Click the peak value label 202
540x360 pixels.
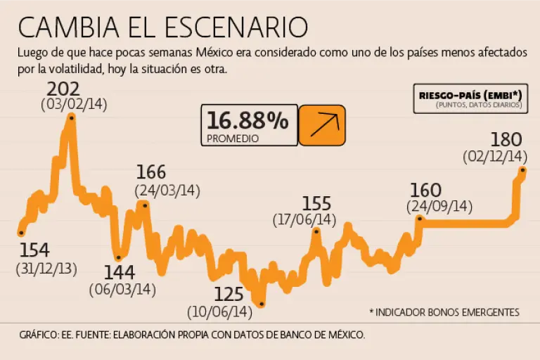(x=63, y=90)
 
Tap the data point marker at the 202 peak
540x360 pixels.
(x=72, y=118)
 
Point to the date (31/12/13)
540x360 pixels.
(x=46, y=269)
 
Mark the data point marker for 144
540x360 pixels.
(x=118, y=257)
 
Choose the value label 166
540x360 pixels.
(x=151, y=172)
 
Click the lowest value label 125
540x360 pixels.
(x=229, y=294)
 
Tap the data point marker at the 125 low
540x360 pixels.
(x=262, y=304)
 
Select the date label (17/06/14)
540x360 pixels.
(x=304, y=220)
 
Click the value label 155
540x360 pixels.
(x=316, y=204)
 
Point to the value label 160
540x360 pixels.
(x=425, y=190)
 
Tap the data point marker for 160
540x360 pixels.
(x=420, y=219)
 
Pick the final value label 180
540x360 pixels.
(x=506, y=139)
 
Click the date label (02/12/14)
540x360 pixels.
(x=495, y=156)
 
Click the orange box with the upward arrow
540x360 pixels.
(x=322, y=125)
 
